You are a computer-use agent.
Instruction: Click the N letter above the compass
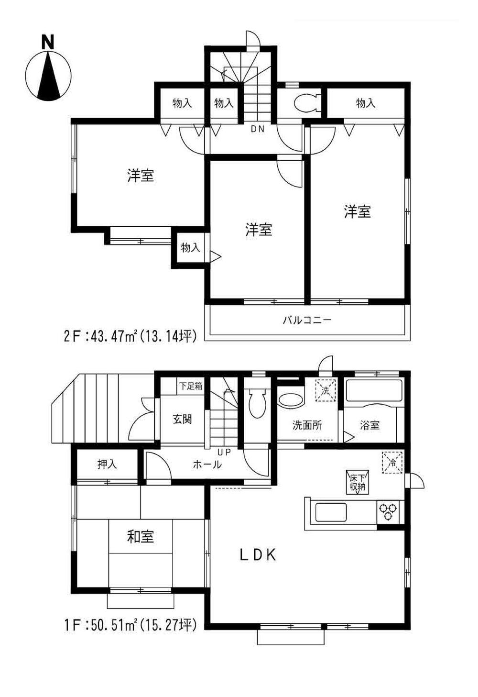[47, 43]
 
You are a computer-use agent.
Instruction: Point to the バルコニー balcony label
[306, 320]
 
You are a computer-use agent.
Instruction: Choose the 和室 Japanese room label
[141, 537]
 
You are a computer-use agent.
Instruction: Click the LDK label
[258, 555]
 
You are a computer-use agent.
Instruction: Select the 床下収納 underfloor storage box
[356, 482]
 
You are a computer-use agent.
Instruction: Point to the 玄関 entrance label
[182, 420]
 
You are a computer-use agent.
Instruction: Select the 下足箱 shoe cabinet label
[190, 386]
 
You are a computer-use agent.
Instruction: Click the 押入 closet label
[107, 464]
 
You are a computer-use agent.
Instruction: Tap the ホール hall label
[207, 464]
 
